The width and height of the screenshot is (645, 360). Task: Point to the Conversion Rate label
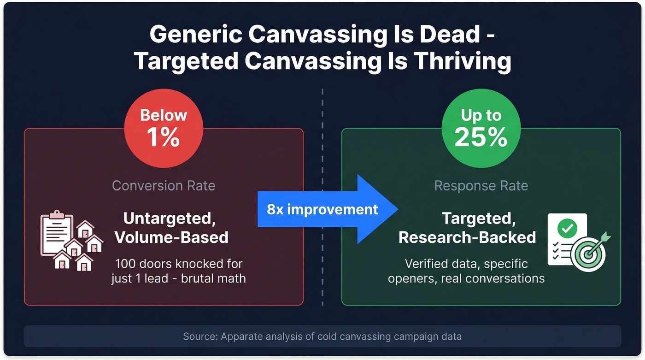pyautogui.click(x=164, y=186)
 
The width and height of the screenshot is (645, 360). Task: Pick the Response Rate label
pyautogui.click(x=481, y=186)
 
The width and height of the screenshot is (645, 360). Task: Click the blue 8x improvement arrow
pyautogui.click(x=327, y=209)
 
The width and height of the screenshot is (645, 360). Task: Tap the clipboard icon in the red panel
pyautogui.click(x=57, y=232)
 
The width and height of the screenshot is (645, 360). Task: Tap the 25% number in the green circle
pyautogui.click(x=481, y=137)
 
